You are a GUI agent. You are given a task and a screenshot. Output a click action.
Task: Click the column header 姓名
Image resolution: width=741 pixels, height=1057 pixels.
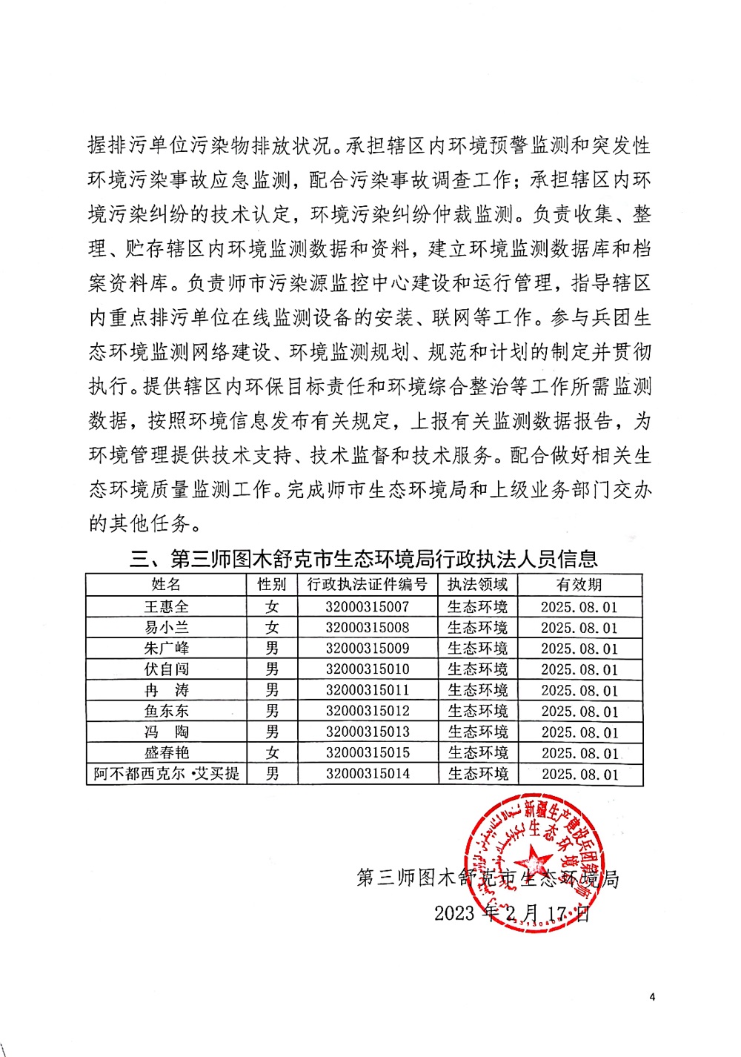point(166,584)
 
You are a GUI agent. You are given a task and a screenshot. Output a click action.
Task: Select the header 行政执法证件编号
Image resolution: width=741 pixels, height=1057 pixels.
point(368,584)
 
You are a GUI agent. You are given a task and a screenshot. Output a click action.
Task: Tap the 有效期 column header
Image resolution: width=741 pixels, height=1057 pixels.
point(579,584)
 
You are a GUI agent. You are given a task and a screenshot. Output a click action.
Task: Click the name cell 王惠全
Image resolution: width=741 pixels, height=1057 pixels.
point(166,606)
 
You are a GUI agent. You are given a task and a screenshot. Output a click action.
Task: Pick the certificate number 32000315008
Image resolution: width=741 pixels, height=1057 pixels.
point(368,627)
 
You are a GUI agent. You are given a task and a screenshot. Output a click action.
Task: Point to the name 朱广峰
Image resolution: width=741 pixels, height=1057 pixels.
point(166,648)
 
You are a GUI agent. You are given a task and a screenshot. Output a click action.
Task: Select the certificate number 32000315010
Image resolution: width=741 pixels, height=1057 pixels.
point(368,669)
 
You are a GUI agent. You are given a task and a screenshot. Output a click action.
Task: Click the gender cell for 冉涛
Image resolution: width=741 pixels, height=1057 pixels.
point(272,690)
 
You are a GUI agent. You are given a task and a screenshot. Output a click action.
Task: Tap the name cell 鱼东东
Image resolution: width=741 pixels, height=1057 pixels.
point(166,711)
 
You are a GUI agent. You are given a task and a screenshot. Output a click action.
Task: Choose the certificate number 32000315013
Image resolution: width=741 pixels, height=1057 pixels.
point(368,732)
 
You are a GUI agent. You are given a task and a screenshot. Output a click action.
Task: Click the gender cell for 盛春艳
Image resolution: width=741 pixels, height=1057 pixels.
point(272,752)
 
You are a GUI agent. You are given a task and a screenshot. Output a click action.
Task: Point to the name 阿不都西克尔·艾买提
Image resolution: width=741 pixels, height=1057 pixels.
point(166,774)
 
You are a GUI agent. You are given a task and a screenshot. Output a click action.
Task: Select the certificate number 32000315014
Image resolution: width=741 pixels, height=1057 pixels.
point(368,774)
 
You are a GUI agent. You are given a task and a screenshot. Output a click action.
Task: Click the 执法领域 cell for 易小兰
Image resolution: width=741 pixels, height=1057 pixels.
point(478,627)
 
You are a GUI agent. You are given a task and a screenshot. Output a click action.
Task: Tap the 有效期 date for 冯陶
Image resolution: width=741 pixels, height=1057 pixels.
point(579,732)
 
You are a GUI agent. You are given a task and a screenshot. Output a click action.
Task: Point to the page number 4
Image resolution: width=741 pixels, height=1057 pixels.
point(652,997)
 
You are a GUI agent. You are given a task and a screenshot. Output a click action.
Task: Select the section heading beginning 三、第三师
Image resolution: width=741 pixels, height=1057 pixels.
point(363,558)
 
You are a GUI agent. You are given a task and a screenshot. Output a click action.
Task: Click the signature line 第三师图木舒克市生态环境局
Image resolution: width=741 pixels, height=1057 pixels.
point(488,878)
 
